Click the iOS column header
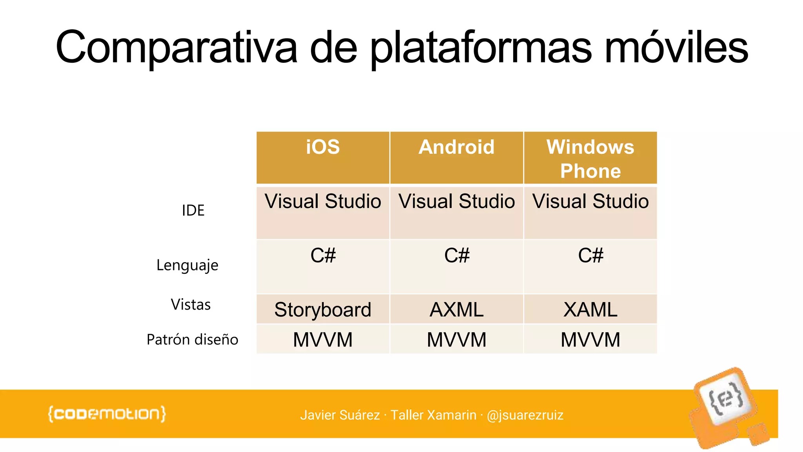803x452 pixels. coord(323,148)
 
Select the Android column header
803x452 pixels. coord(456,148)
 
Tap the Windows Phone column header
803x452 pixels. coord(590,159)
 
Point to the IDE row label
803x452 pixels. coord(193,211)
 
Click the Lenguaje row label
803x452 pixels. coord(187,266)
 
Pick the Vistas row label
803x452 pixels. coord(191,305)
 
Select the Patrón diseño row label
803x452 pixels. coord(192,339)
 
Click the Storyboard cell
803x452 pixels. coord(323,310)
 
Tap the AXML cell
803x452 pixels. coord(456,310)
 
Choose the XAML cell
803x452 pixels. coord(590,310)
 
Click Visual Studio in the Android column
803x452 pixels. coord(456,202)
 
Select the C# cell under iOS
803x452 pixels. coord(323,256)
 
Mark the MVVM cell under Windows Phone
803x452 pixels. coord(590,340)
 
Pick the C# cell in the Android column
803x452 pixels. coord(456,256)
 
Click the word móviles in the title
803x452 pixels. coord(676,48)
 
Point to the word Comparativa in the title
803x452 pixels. coord(176,48)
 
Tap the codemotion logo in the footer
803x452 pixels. coord(107,414)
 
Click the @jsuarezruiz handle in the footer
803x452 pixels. coord(525,415)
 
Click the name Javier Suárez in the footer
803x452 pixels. coord(340,415)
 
